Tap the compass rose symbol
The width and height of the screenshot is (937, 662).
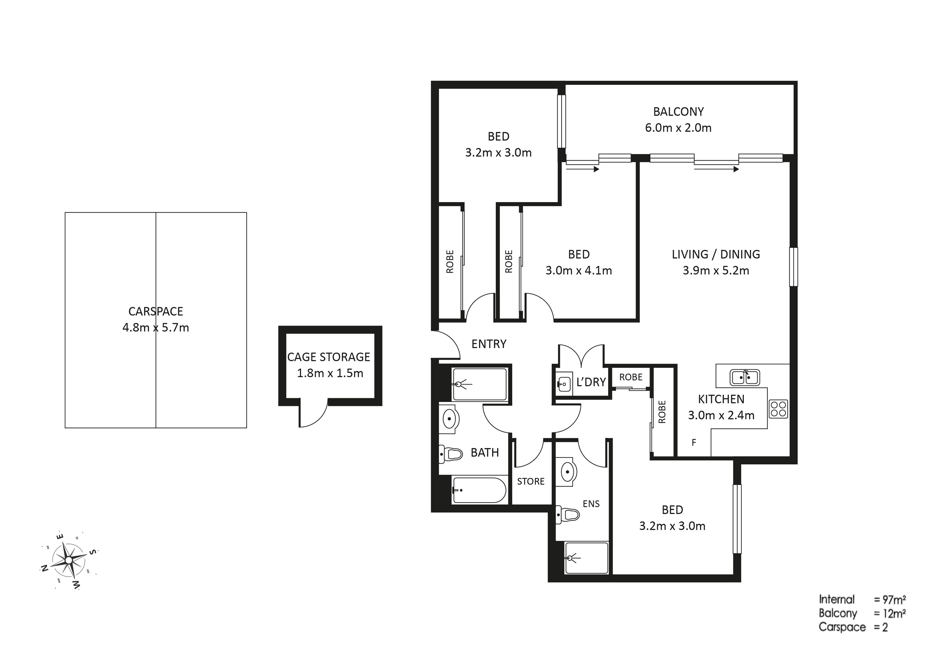69,561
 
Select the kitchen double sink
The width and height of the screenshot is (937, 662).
745,377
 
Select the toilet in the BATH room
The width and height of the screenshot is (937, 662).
451,454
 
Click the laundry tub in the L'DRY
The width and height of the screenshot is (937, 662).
564,383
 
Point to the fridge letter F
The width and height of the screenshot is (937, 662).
694,442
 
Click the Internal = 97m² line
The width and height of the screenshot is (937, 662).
862,599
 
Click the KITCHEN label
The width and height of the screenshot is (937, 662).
721,399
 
